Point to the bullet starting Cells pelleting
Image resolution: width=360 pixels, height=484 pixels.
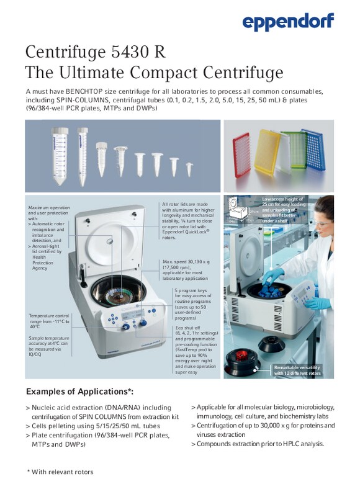coord(93,426)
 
